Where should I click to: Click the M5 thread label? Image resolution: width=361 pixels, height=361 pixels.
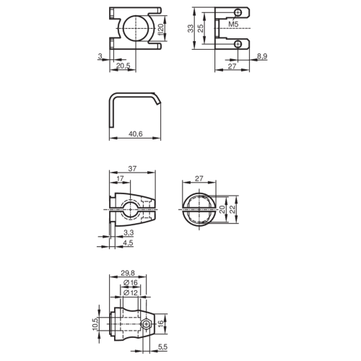[233, 24]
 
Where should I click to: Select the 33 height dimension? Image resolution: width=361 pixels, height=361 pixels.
[191, 28]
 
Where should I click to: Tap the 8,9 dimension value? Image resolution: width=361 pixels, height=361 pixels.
[262, 56]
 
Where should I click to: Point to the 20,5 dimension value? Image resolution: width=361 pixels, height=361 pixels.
[123, 66]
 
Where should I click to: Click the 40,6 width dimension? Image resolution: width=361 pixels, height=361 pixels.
[136, 134]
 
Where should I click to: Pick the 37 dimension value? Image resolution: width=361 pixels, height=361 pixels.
[132, 169]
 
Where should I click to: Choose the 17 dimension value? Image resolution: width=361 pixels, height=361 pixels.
[120, 178]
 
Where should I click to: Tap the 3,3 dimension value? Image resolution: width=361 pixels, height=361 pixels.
[129, 232]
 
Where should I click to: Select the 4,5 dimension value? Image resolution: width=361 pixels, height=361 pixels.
[128, 243]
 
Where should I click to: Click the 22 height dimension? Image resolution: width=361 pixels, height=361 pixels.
[232, 209]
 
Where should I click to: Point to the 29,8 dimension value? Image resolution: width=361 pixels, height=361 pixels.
[128, 273]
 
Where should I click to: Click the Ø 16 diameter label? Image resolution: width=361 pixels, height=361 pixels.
[131, 282]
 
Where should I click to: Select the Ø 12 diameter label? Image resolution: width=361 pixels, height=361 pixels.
[131, 292]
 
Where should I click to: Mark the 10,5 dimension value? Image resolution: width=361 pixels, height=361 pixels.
[95, 323]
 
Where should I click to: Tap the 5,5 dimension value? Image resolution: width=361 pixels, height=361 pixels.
[162, 347]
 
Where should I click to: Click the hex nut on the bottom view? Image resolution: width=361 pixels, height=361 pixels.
[146, 324]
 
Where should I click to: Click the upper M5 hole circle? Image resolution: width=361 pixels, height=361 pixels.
[238, 12]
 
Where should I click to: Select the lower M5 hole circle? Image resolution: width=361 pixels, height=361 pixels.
[238, 44]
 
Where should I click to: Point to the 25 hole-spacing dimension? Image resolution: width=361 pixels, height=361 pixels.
[200, 28]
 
